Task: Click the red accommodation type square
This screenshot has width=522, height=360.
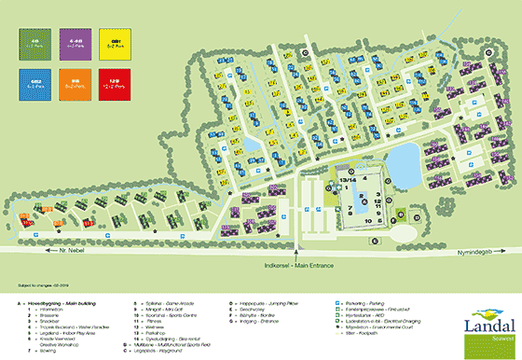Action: pos(116,85)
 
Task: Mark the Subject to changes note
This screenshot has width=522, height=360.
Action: pos(36,285)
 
